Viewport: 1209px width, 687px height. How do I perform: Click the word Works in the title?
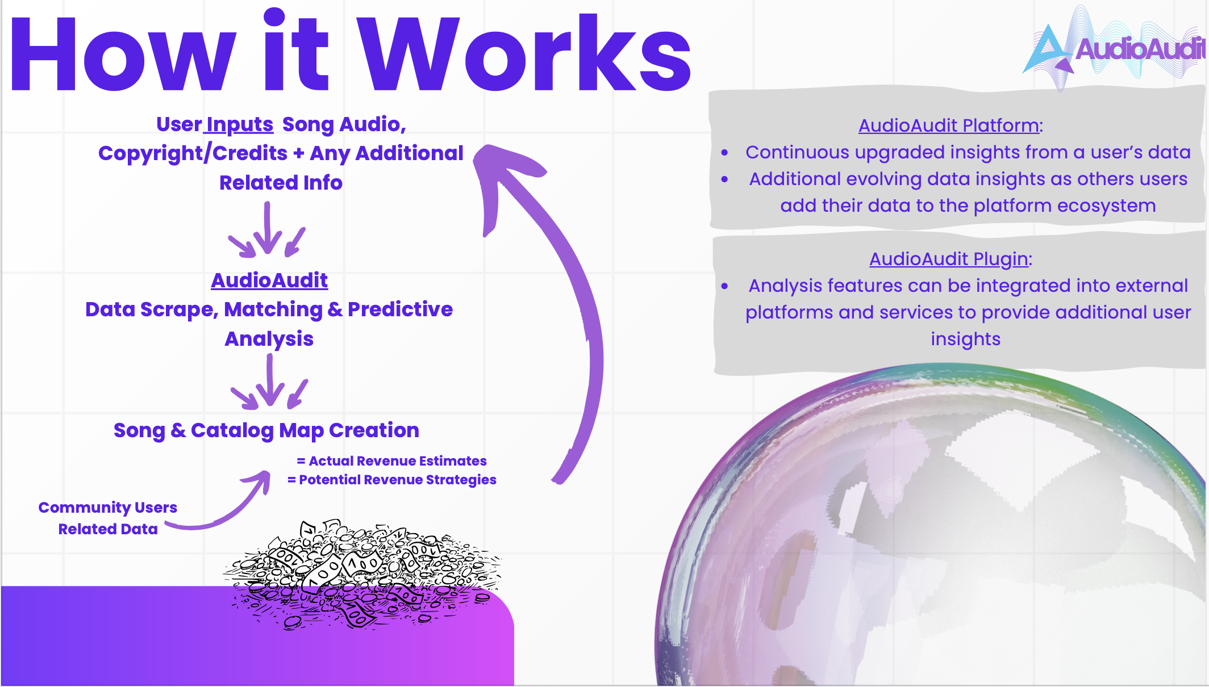point(526,54)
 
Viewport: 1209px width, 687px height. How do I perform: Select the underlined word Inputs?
point(240,124)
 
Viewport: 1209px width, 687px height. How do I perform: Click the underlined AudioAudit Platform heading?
point(949,125)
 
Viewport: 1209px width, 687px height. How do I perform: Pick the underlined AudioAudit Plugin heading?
point(949,259)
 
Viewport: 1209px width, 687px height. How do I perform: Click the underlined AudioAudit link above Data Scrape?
point(269,280)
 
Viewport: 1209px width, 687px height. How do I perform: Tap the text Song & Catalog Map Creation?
point(266,430)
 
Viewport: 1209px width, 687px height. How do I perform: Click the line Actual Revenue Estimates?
point(397,461)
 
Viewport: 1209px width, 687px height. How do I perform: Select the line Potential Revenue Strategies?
point(397,480)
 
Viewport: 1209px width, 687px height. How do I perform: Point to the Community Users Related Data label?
point(107,518)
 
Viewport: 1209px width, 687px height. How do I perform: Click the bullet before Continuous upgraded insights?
point(724,153)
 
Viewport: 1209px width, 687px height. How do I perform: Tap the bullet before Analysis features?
point(724,286)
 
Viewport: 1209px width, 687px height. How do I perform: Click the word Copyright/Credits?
point(193,153)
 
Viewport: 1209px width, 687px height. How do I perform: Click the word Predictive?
point(400,309)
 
